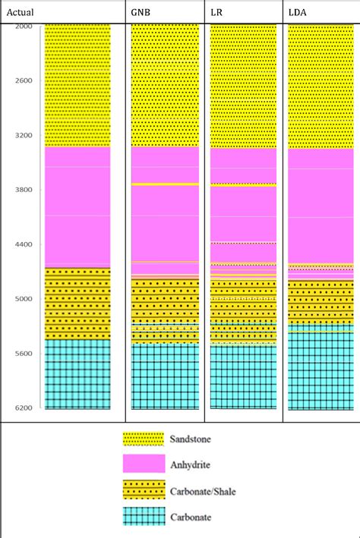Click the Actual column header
20,13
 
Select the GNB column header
141,13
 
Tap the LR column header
216,13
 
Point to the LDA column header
297,13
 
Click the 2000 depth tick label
24,27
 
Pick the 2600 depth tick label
24,80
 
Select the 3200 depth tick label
24,135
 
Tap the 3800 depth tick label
24,190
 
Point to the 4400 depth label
24,244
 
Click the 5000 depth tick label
24,299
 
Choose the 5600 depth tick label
24,354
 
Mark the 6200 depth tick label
24,408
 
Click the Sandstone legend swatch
144,439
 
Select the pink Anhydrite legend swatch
144,464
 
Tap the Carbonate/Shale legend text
203,492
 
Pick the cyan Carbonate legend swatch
144,517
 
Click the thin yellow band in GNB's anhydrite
166,184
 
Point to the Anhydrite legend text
191,465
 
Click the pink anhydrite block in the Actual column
77,207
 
